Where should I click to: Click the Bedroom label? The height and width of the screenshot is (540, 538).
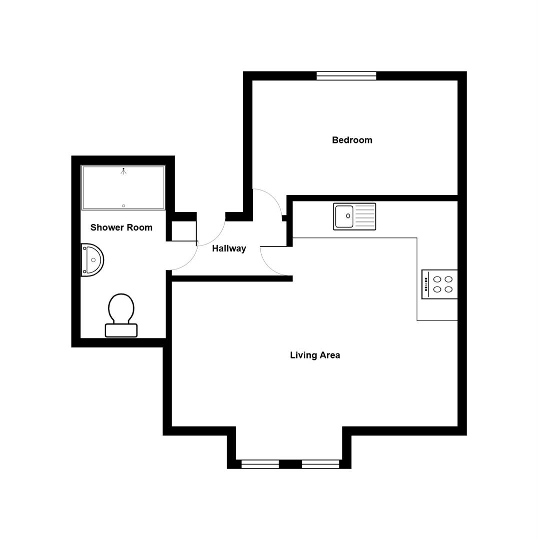352,140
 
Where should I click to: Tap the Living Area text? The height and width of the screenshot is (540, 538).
315,355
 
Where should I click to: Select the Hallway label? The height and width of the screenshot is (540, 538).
229,248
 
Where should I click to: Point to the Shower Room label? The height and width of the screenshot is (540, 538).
121,227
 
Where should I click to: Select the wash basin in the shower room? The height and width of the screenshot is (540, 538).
93,260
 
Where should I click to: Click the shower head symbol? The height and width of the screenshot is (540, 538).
123,171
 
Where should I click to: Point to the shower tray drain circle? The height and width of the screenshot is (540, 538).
124,205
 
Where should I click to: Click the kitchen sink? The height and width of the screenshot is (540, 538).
354,216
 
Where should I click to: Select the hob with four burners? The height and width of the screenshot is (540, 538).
440,284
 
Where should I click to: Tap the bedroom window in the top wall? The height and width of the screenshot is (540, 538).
346,76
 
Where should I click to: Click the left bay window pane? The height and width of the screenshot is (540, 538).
260,464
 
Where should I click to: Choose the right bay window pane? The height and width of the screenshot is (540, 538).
320,464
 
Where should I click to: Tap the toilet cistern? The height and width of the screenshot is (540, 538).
121,330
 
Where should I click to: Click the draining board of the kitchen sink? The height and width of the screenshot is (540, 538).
365,216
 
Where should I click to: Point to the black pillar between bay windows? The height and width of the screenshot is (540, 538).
290,464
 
